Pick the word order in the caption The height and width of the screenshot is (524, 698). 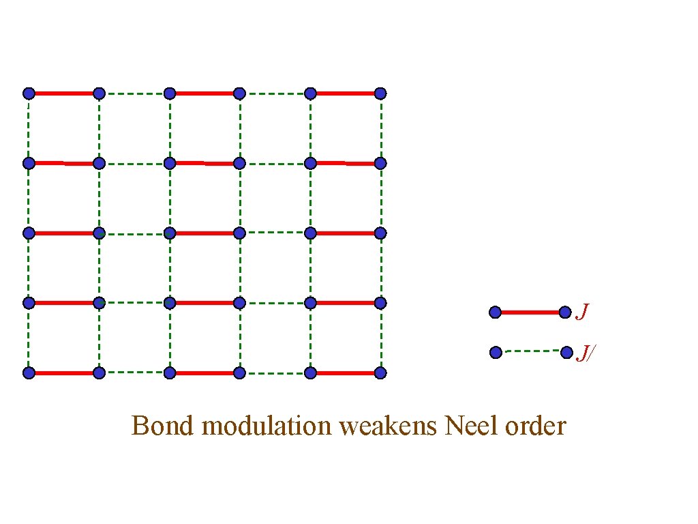pyautogui.click(x=536, y=426)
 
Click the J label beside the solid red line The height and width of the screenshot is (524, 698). pyautogui.click(x=583, y=312)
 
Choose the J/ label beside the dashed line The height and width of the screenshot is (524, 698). pyautogui.click(x=586, y=353)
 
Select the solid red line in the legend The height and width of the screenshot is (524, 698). pyautogui.click(x=530, y=312)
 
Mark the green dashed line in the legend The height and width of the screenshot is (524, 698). pyautogui.click(x=530, y=351)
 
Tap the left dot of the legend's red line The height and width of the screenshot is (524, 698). pyautogui.click(x=496, y=312)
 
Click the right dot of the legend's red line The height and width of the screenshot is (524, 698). pyautogui.click(x=565, y=312)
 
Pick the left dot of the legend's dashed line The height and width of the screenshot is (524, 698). pyautogui.click(x=496, y=353)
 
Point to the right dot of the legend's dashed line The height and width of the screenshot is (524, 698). pyautogui.click(x=566, y=352)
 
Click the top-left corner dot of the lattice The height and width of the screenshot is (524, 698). pyautogui.click(x=29, y=93)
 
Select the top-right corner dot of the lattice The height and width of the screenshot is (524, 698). pyautogui.click(x=380, y=93)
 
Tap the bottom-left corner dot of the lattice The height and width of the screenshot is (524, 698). pyautogui.click(x=29, y=373)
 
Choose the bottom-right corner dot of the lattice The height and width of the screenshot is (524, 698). pyautogui.click(x=380, y=373)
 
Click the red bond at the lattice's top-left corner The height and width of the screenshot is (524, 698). pyautogui.click(x=63, y=93)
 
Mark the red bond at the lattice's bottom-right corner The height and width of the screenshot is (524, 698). pyautogui.click(x=346, y=373)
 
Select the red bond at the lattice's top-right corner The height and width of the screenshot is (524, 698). pyautogui.click(x=346, y=93)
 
